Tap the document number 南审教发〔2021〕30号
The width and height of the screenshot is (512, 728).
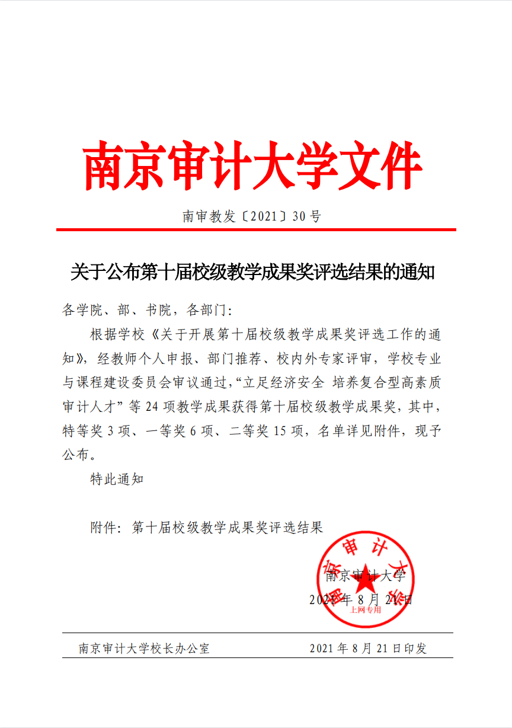(x=252, y=217)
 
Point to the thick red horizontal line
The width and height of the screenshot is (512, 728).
(x=256, y=229)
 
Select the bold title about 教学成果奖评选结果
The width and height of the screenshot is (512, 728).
(x=253, y=272)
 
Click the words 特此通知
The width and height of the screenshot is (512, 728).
(x=117, y=479)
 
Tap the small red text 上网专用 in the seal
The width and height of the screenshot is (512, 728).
(x=365, y=609)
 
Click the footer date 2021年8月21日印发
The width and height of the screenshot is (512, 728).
(x=368, y=649)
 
